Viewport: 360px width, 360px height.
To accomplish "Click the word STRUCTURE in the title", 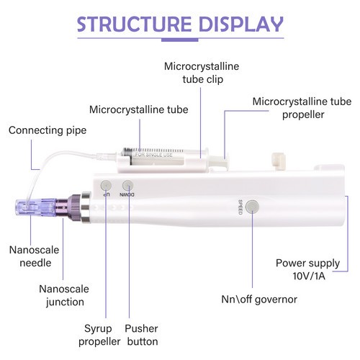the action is pyautogui.click(x=134, y=24).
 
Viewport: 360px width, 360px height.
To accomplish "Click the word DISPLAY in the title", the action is pyautogui.click(x=241, y=24).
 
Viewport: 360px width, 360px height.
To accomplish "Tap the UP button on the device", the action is pyautogui.click(x=106, y=185).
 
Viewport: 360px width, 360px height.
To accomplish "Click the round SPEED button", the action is pyautogui.click(x=253, y=207).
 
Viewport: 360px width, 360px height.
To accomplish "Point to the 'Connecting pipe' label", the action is pyautogui.click(x=48, y=130).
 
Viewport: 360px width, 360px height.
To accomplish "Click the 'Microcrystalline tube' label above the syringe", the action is pyautogui.click(x=139, y=109).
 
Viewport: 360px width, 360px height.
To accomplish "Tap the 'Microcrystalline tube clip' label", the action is pyautogui.click(x=202, y=73).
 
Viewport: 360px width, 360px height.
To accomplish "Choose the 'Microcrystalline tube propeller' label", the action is pyautogui.click(x=302, y=108).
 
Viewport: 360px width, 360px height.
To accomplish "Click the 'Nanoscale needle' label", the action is pyautogui.click(x=35, y=256).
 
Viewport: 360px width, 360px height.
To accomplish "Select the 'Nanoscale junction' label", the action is pyautogui.click(x=64, y=295).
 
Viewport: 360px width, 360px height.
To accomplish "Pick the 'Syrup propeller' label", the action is pyautogui.click(x=99, y=335).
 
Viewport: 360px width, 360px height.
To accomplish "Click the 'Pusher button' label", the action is pyautogui.click(x=142, y=335).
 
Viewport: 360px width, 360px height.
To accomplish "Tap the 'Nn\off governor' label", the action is pyautogui.click(x=259, y=300).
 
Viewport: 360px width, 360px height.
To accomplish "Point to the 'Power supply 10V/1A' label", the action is pyautogui.click(x=308, y=269).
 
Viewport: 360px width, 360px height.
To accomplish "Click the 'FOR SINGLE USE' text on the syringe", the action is pyautogui.click(x=154, y=155).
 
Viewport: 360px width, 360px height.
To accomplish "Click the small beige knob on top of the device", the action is pyautogui.click(x=279, y=161).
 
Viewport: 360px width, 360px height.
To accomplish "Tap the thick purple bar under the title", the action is pyautogui.click(x=180, y=40).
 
